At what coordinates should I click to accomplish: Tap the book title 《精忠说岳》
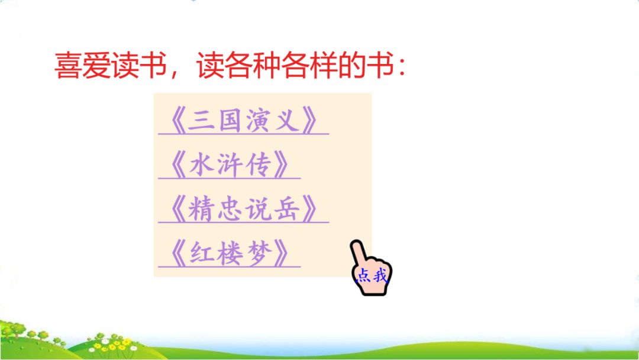point(243,210)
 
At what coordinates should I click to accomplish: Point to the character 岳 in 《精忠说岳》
point(287,210)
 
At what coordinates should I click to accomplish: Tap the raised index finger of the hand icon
point(359,252)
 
